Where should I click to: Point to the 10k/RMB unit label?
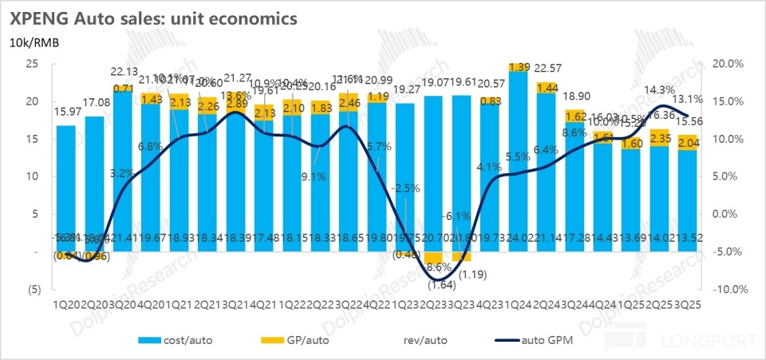click(x=34, y=42)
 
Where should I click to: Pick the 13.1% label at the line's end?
click(x=692, y=100)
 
